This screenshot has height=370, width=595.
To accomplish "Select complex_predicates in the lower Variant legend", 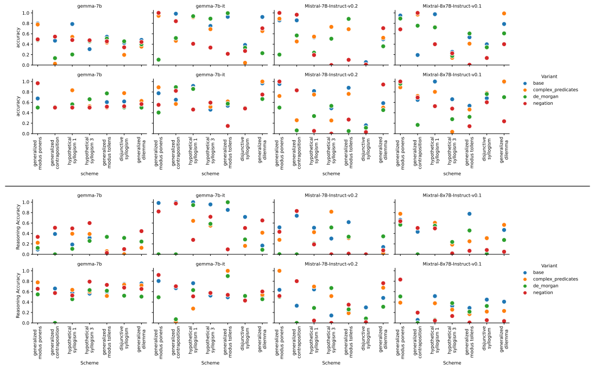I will coord(562,279).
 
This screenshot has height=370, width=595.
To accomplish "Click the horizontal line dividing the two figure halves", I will coord(297,186).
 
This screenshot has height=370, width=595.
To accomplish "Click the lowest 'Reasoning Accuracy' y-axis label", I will coord(17,297).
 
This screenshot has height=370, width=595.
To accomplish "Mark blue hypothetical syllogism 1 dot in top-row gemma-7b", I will coord(72,24).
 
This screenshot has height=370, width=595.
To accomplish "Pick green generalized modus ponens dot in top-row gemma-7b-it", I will coord(159,60).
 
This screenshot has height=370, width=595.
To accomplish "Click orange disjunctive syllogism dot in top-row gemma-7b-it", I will coord(245,63).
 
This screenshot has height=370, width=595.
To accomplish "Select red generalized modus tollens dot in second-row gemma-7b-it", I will coord(227,126).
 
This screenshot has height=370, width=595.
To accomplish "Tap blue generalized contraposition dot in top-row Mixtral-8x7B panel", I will coord(417,55).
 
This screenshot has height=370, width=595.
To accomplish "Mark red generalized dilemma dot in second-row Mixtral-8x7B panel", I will coord(504,121).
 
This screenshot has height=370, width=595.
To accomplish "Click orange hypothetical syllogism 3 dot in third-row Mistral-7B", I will coord(331,212).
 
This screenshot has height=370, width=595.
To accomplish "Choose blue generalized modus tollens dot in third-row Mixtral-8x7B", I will coord(469,214).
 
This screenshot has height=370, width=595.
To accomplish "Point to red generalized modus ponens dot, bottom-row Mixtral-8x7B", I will coord(400,280).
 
